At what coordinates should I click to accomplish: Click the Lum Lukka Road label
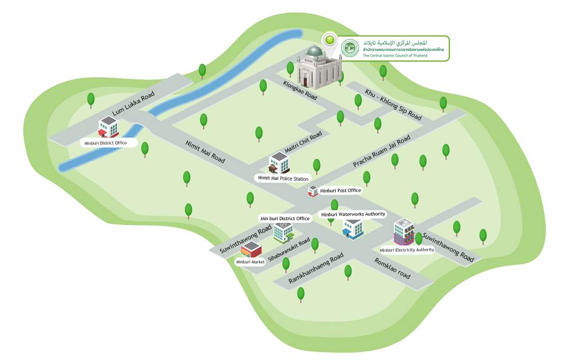pyautogui.click(x=133, y=103)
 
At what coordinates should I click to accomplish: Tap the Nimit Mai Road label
pyautogui.click(x=205, y=151)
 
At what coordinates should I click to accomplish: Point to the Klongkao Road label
pyautogui.click(x=300, y=90)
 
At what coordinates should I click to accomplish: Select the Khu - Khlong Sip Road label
pyautogui.click(x=393, y=104)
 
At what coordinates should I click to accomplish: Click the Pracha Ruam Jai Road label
pyautogui.click(x=382, y=151)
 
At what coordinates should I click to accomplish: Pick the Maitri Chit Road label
pyautogui.click(x=303, y=142)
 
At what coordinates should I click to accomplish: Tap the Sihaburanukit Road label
pyautogui.click(x=289, y=250)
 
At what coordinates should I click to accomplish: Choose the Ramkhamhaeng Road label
pyautogui.click(x=316, y=268)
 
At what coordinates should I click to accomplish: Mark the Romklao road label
pyautogui.click(x=392, y=268)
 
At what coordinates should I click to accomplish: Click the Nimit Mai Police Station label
pyautogui.click(x=283, y=178)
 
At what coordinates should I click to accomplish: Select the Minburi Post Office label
pyautogui.click(x=340, y=190)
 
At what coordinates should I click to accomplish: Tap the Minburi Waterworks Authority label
pyautogui.click(x=353, y=214)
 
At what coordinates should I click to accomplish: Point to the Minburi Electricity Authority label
pyautogui.click(x=407, y=250)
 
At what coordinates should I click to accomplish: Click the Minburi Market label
pyautogui.click(x=250, y=262)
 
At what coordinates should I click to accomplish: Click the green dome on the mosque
pyautogui.click(x=315, y=51)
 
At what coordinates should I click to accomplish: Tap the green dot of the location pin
pyautogui.click(x=330, y=39)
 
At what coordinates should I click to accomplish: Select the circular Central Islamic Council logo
pyautogui.click(x=350, y=49)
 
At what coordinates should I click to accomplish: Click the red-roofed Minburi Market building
pyautogui.click(x=251, y=250)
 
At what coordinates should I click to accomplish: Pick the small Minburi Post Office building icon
pyautogui.click(x=312, y=191)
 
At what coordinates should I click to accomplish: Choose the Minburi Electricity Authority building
pyautogui.click(x=404, y=232)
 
